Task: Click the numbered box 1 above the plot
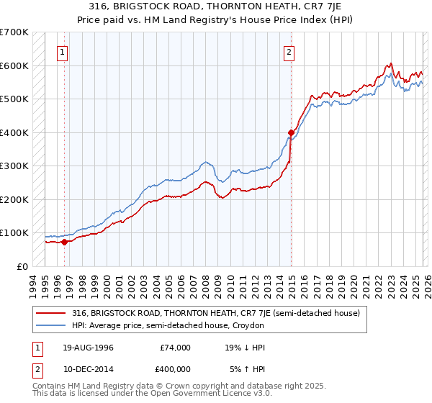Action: point(63,51)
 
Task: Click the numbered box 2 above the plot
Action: point(289,51)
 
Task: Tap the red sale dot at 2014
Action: point(291,132)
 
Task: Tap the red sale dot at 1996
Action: point(65,242)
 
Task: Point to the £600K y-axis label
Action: point(14,65)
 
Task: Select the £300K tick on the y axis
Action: point(14,166)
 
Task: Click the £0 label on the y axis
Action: point(22,266)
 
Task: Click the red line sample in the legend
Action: point(52,313)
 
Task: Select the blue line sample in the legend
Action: point(52,325)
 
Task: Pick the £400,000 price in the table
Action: point(176,369)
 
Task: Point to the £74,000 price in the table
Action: point(176,348)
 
